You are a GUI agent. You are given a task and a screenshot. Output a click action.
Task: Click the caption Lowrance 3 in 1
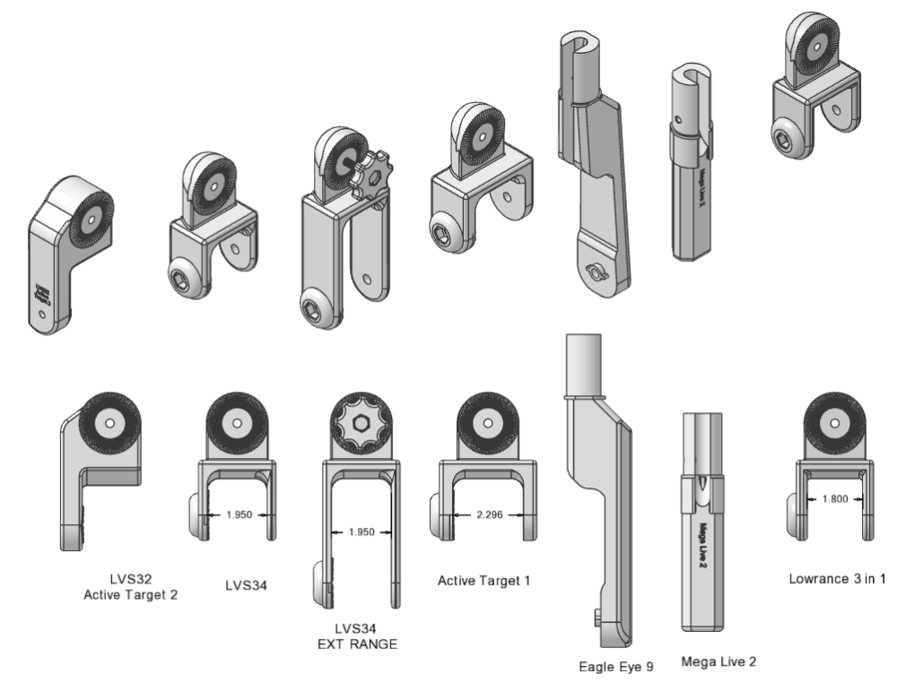tap(835, 579)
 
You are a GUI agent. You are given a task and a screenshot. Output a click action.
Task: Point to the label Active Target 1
tap(484, 581)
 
